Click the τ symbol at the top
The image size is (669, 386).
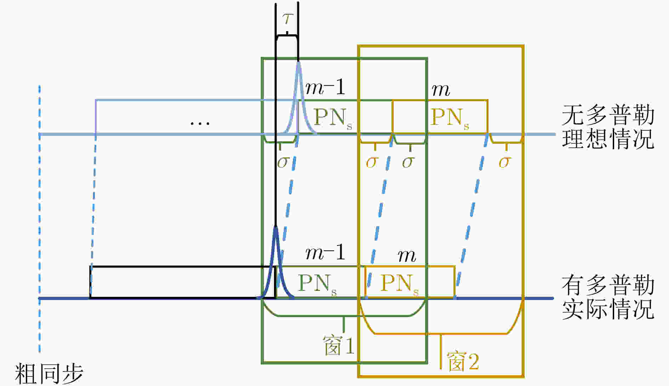coord(287,18)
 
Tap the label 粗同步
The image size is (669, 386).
coord(49,373)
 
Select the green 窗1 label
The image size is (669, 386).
coord(338,345)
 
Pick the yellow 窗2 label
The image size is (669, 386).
coord(463,362)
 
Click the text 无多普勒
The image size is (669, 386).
coord(608,115)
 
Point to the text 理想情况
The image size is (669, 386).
coord(608,138)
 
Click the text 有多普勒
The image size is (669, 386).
coord(608,286)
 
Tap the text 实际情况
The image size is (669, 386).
coord(608,309)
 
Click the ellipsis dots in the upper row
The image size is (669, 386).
coord(200,123)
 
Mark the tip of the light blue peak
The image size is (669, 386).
coord(298,62)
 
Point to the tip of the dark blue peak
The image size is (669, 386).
coord(275,227)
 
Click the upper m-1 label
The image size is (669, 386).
coord(325,87)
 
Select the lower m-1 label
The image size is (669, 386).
coord(325,253)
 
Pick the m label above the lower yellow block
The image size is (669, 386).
coord(407,255)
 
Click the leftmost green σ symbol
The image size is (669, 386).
coord(283,162)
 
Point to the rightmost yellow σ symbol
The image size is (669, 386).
coord(505,162)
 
